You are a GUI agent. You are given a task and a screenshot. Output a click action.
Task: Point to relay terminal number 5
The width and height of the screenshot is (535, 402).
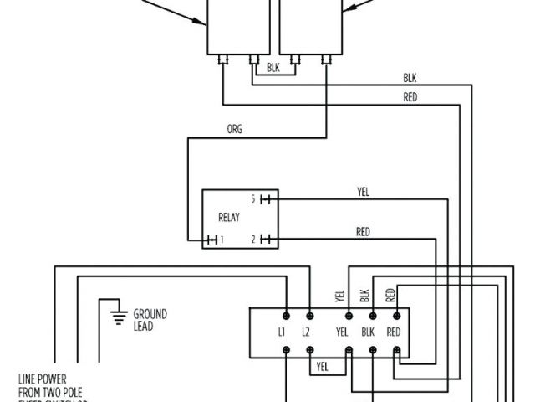[x=253, y=199]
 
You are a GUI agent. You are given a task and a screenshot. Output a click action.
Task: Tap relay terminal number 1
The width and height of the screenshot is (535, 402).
[x=221, y=240]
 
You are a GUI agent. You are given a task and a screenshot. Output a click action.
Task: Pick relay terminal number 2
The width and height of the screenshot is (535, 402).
[x=253, y=240]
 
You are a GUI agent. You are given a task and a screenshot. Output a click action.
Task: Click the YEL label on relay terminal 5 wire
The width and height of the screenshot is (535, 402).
[x=363, y=192]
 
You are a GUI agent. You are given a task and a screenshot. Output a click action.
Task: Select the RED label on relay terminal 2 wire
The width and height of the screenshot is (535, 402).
[x=363, y=232]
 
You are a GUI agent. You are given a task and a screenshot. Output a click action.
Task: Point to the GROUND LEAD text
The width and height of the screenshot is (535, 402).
[x=150, y=319]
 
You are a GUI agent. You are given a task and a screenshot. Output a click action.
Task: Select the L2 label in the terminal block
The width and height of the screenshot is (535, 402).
[x=307, y=332]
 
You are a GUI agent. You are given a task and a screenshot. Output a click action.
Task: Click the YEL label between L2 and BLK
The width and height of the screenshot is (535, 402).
[x=341, y=332]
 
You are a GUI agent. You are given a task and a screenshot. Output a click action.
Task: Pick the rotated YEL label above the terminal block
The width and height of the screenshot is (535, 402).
[x=340, y=295]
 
